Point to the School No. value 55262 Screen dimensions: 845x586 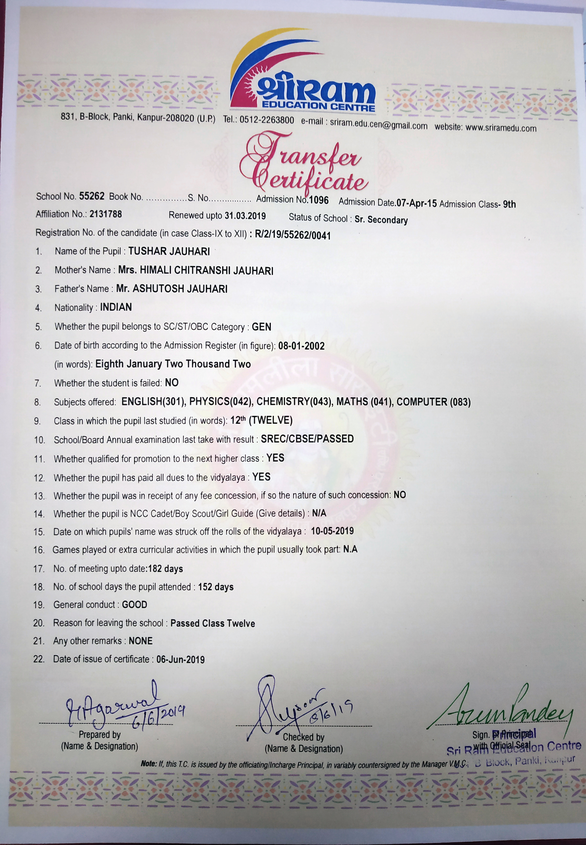click(x=92, y=196)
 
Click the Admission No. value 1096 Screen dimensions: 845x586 click(x=319, y=200)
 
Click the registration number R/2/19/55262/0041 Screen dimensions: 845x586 click(x=293, y=235)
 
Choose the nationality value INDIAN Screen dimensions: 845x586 click(x=116, y=307)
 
